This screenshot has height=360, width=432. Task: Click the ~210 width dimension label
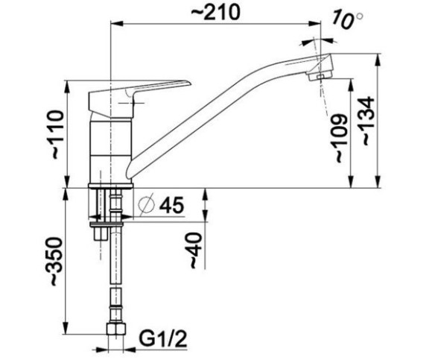tap(215, 13)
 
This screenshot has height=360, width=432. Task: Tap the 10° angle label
tap(348, 19)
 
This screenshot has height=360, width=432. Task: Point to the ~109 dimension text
tap(341, 138)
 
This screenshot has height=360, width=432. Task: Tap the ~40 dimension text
tap(195, 250)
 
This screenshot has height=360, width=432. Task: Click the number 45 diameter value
tap(171, 206)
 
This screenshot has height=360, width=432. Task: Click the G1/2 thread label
tap(163, 339)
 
